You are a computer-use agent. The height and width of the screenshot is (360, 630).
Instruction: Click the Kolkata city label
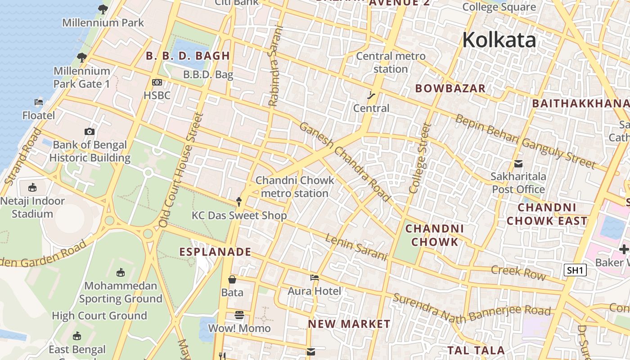pos(499,40)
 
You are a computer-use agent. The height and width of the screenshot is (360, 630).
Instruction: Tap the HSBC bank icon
pos(157,82)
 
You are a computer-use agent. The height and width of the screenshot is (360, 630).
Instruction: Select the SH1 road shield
pos(576,270)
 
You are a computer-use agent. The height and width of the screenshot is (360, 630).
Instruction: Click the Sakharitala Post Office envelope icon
pos(518,164)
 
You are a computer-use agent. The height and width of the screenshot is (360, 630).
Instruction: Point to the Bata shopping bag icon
pos(232,280)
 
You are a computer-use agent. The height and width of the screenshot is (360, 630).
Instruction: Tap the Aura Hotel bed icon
pos(315,278)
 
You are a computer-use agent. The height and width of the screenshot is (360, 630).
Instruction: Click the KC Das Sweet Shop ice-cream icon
pos(239,202)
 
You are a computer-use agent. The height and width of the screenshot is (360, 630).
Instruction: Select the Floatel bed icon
pos(39,103)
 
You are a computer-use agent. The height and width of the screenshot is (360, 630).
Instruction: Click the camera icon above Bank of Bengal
pos(90,132)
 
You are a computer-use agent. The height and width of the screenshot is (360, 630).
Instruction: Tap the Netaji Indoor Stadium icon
pos(32,188)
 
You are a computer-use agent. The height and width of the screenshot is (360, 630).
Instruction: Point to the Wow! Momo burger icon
pos(239,315)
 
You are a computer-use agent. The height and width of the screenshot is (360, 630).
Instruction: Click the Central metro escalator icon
pos(371,95)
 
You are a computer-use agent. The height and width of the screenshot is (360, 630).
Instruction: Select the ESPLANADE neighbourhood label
pos(215,252)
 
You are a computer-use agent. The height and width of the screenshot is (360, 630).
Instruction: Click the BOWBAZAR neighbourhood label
pos(450,88)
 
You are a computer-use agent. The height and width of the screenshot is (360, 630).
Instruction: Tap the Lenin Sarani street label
pos(356,247)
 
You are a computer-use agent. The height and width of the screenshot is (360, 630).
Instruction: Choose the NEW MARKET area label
pos(349,324)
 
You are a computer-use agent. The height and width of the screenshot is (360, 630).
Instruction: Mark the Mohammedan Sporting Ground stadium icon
pos(121,273)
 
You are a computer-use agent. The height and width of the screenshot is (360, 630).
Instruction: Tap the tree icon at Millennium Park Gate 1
pos(81,58)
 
